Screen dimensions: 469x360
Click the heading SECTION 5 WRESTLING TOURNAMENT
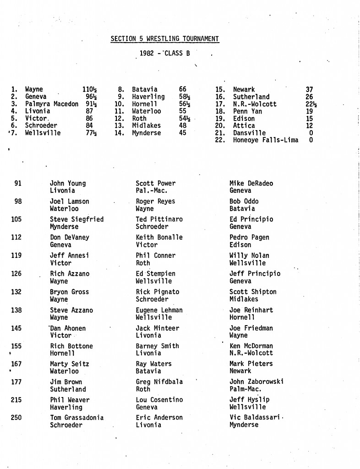pyautogui.click(x=165, y=39)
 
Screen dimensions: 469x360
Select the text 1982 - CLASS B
pyautogui.click(x=165, y=53)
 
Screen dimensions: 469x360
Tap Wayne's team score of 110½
pyautogui.click(x=86, y=90)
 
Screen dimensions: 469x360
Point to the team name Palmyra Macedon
pyautogui.click(x=52, y=104)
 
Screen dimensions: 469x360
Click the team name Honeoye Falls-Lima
pyautogui.click(x=266, y=140)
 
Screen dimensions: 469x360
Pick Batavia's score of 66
pyautogui.click(x=183, y=90)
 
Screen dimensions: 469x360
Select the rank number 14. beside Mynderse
pyautogui.click(x=120, y=133)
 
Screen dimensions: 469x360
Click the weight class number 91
pyautogui.click(x=18, y=183)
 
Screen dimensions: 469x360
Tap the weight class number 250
pyautogui.click(x=16, y=418)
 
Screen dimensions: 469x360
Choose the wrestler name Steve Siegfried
pyautogui.click(x=76, y=219)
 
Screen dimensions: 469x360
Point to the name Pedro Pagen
pyautogui.click(x=249, y=237)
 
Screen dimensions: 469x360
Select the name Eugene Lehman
pyautogui.click(x=159, y=310)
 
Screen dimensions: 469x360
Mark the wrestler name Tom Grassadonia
pyautogui.click(x=76, y=418)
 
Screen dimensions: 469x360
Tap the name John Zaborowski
pyautogui.click(x=256, y=382)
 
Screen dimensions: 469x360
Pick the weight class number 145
pyautogui.click(x=16, y=328)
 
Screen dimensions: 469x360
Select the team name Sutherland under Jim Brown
pyautogui.click(x=68, y=389)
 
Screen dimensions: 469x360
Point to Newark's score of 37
pyautogui.click(x=310, y=90)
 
